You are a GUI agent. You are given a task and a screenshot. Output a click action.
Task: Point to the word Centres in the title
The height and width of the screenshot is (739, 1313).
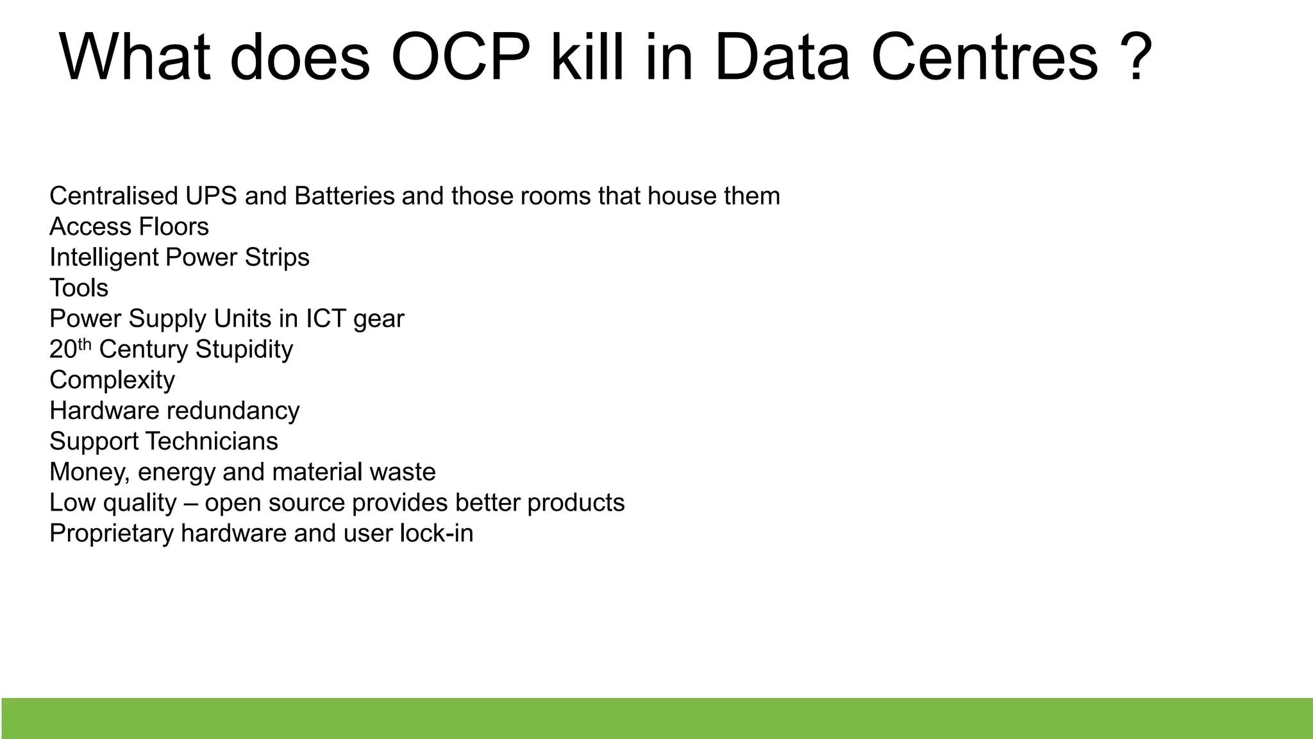coord(984,58)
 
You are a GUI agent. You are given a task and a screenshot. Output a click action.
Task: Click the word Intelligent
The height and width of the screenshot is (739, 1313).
coord(104,258)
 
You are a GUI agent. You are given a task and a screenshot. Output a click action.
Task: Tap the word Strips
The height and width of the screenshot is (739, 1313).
coord(277,258)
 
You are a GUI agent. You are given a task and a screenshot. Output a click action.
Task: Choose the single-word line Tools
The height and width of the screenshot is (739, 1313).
coord(79,288)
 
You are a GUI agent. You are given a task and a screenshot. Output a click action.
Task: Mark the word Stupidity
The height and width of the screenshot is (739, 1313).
coord(244,350)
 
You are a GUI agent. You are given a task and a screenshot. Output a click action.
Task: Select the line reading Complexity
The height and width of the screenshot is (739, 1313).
coord(112,380)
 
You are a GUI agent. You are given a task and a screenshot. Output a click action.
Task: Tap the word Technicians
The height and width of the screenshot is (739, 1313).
coord(212,441)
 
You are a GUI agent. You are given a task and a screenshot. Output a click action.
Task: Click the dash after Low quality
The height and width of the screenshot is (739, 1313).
coord(190,503)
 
